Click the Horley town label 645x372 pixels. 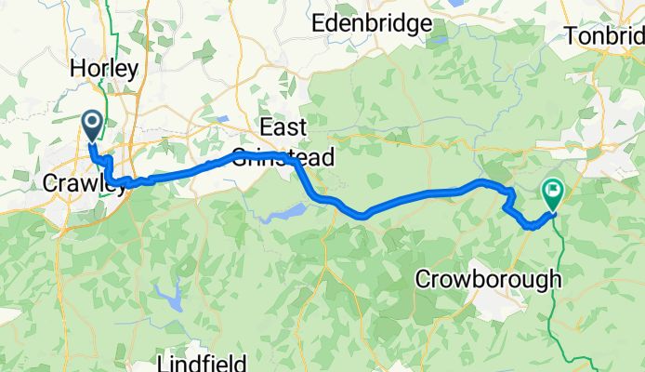click(x=105, y=68)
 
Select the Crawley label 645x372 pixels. click(x=84, y=183)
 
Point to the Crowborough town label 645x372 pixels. click(x=488, y=279)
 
